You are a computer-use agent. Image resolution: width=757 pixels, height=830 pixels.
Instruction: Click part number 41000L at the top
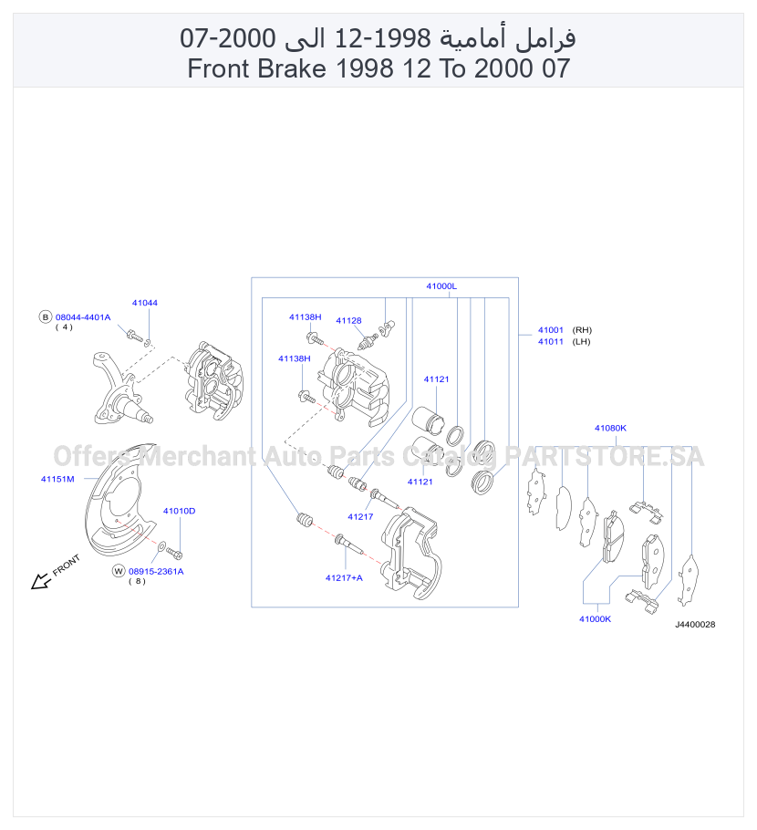coord(441,285)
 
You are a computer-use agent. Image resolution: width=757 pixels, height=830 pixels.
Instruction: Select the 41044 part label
coord(144,303)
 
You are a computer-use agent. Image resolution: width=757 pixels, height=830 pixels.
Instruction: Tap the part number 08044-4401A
coord(83,317)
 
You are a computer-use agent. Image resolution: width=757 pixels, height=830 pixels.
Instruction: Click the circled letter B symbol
coord(45,317)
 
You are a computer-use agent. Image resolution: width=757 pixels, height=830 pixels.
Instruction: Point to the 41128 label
coord(348,320)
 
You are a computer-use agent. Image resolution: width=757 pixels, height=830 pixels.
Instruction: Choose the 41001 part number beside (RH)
coord(551,330)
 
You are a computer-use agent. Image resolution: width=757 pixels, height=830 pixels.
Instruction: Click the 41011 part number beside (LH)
coord(551,341)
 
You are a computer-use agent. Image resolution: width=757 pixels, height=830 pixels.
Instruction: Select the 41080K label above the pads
coord(610,428)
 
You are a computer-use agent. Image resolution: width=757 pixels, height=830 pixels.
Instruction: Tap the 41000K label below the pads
coord(595,618)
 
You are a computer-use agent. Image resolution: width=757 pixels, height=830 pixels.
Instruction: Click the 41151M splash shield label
coord(57,479)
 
